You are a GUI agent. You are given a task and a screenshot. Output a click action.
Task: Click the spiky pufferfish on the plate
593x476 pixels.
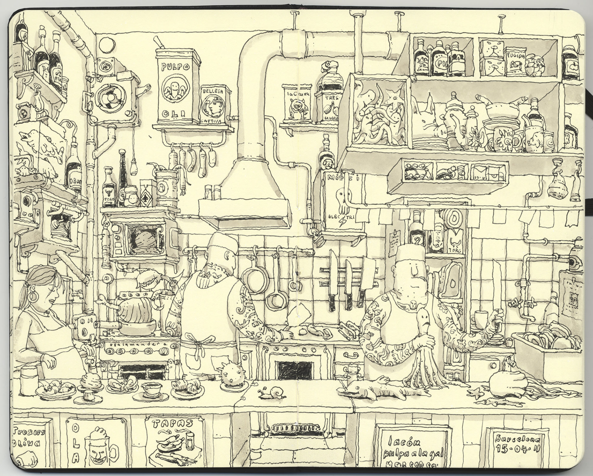coord(232,376)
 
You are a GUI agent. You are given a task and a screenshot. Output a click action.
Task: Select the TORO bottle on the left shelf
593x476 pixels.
coord(109,188)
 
